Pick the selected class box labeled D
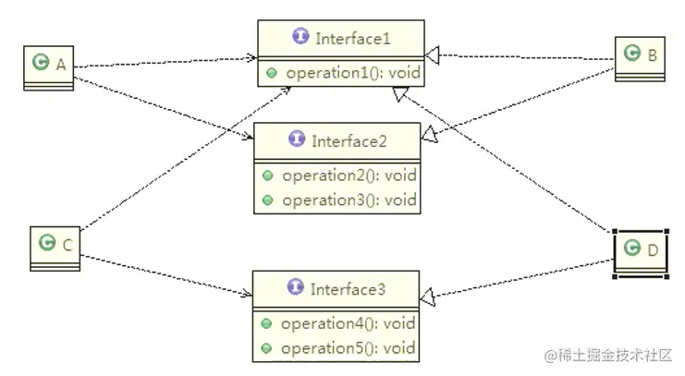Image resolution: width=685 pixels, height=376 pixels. pos(641,250)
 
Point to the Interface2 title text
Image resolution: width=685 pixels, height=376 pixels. pos(349,141)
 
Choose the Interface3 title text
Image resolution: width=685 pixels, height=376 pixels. pos(348,290)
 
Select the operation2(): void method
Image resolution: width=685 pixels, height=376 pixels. pos(349,176)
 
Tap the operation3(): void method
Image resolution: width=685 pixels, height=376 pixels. pos(349,200)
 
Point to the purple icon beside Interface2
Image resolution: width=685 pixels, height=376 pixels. pos(297,140)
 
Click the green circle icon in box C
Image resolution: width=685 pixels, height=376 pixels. pos(47,243)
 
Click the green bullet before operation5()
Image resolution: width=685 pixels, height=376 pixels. pos(266,348)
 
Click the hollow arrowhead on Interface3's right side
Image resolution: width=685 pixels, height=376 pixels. pos(427,297)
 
